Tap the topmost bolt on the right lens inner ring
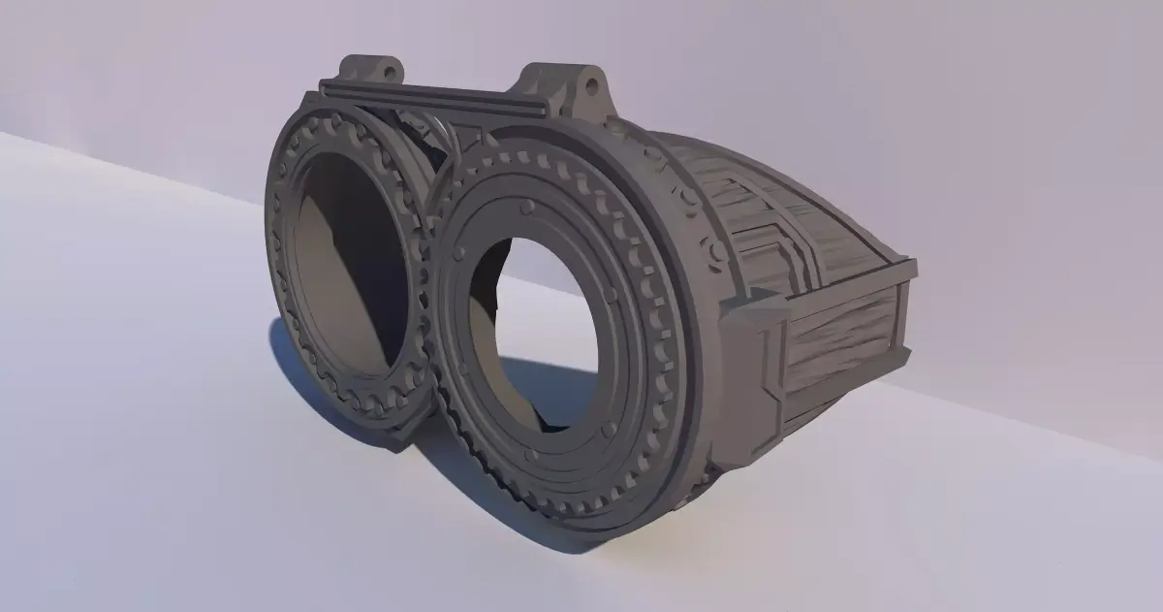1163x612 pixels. click(526, 207)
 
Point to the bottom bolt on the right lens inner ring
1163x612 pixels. click(529, 453)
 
